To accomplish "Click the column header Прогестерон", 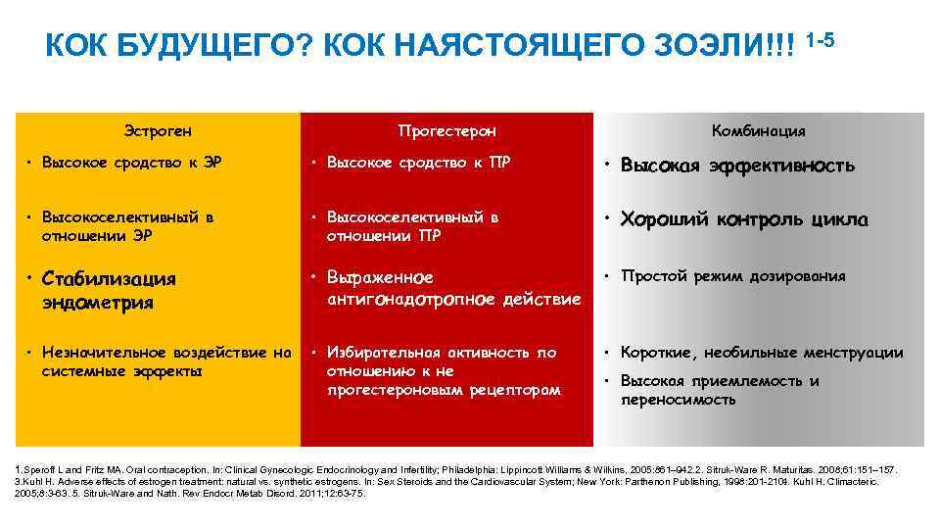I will [447, 130].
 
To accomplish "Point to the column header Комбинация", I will [759, 130].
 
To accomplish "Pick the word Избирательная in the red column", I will [384, 352].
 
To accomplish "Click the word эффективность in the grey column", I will [793, 166].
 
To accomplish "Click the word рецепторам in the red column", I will [514, 390].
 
